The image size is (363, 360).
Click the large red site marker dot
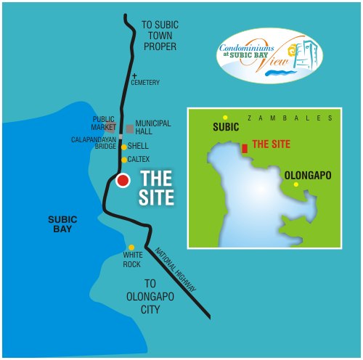coord(123,181)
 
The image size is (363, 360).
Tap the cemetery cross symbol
coord(134,75)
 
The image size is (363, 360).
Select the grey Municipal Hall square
coord(129,128)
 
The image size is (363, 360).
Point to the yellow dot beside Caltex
coord(124,159)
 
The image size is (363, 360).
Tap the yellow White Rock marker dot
coord(131,247)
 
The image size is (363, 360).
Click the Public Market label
coord(104,123)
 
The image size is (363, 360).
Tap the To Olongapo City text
coord(160,295)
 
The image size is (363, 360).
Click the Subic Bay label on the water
coord(62,224)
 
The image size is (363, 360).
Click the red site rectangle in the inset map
coord(244,147)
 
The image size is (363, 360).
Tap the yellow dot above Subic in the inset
coord(225,118)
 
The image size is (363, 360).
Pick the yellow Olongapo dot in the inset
coord(295,185)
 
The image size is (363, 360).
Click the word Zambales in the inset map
coord(290,118)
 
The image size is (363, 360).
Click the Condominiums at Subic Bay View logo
coord(270,55)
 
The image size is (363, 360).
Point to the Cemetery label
coord(145,83)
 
